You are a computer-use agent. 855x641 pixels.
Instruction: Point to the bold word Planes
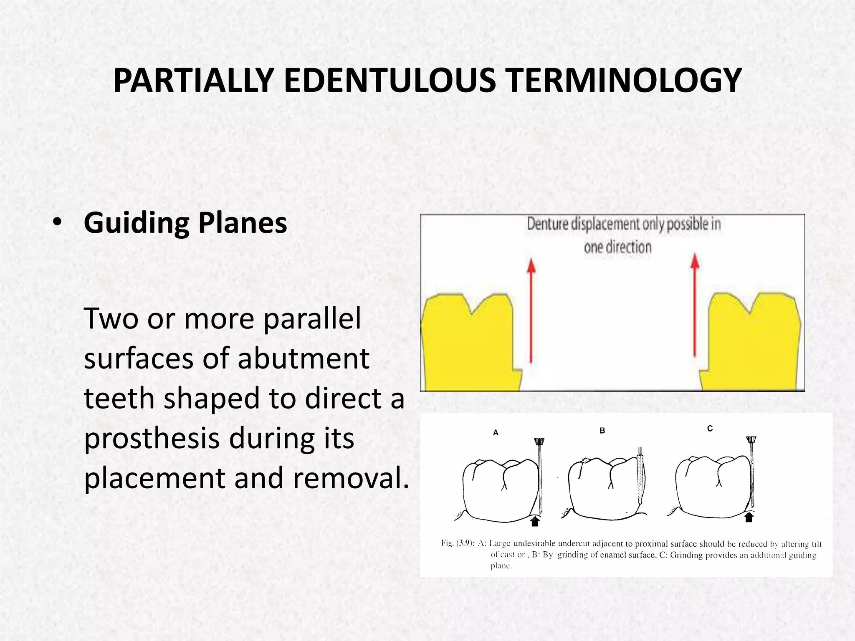(242, 223)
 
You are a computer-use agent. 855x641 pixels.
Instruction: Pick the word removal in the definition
(351, 478)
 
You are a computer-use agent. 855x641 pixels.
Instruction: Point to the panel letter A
(496, 433)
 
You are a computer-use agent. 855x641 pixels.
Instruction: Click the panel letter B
(602, 431)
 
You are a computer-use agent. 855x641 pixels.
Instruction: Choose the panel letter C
(710, 429)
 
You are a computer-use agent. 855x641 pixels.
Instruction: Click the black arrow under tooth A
(535, 521)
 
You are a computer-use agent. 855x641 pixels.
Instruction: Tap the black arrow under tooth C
(749, 517)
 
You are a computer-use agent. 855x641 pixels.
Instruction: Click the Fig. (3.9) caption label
(457, 543)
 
